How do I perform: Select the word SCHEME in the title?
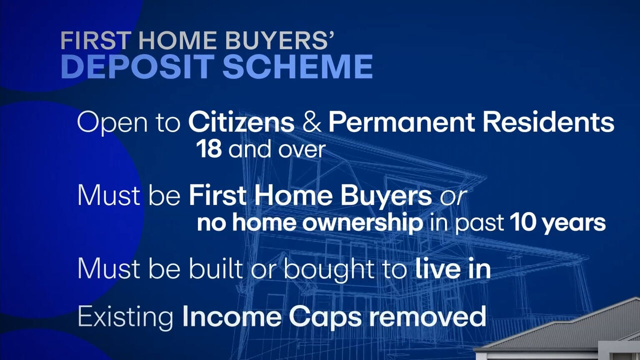(297, 66)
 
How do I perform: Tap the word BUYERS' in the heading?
(279, 40)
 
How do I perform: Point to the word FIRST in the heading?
(96, 40)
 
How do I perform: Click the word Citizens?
(241, 122)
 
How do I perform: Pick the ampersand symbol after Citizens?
(311, 122)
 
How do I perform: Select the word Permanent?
(401, 122)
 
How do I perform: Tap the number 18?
(209, 149)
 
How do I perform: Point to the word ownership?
(362, 222)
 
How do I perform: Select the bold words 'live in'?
(453, 268)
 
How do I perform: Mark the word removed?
(427, 316)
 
